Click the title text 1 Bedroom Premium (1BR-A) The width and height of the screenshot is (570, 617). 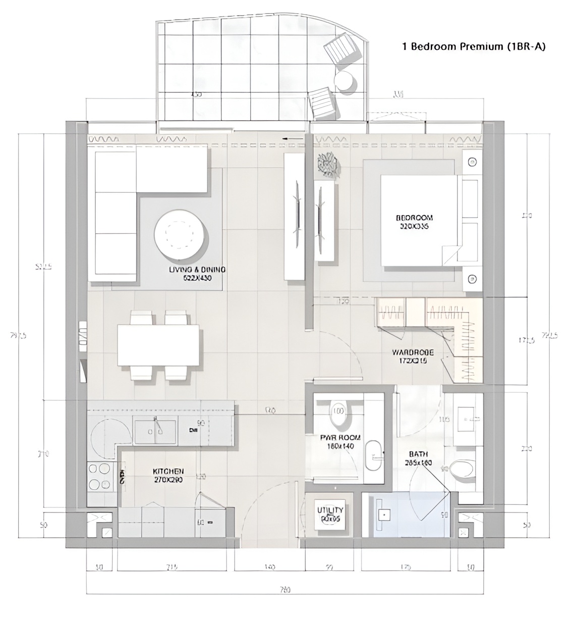click(474, 47)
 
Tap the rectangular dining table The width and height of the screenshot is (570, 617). click(158, 345)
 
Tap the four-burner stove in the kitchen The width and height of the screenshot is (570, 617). click(99, 477)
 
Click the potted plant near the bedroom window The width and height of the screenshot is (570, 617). click(327, 166)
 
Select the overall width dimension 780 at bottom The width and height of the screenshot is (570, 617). click(286, 589)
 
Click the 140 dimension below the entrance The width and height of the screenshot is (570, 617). click(269, 568)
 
